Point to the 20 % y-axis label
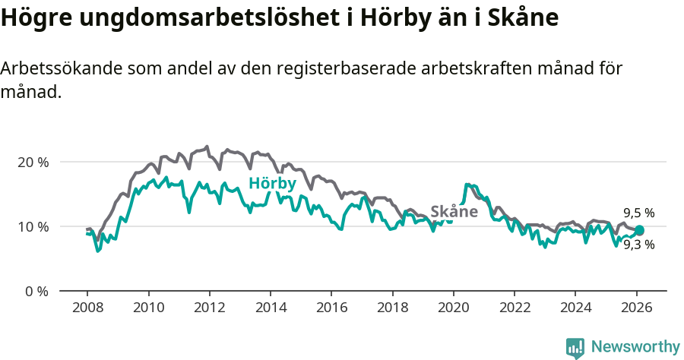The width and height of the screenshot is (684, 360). (x=33, y=162)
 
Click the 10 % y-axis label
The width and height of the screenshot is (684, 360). (x=33, y=226)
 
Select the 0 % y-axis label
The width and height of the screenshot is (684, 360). (x=36, y=291)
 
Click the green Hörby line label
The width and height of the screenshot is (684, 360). (x=272, y=183)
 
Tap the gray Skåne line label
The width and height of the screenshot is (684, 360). (x=454, y=211)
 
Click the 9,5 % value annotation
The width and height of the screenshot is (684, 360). (x=639, y=213)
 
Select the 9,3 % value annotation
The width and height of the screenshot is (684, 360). (x=639, y=245)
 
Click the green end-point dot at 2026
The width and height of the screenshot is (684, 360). (x=639, y=230)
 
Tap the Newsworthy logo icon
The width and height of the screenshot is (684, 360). (x=575, y=348)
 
